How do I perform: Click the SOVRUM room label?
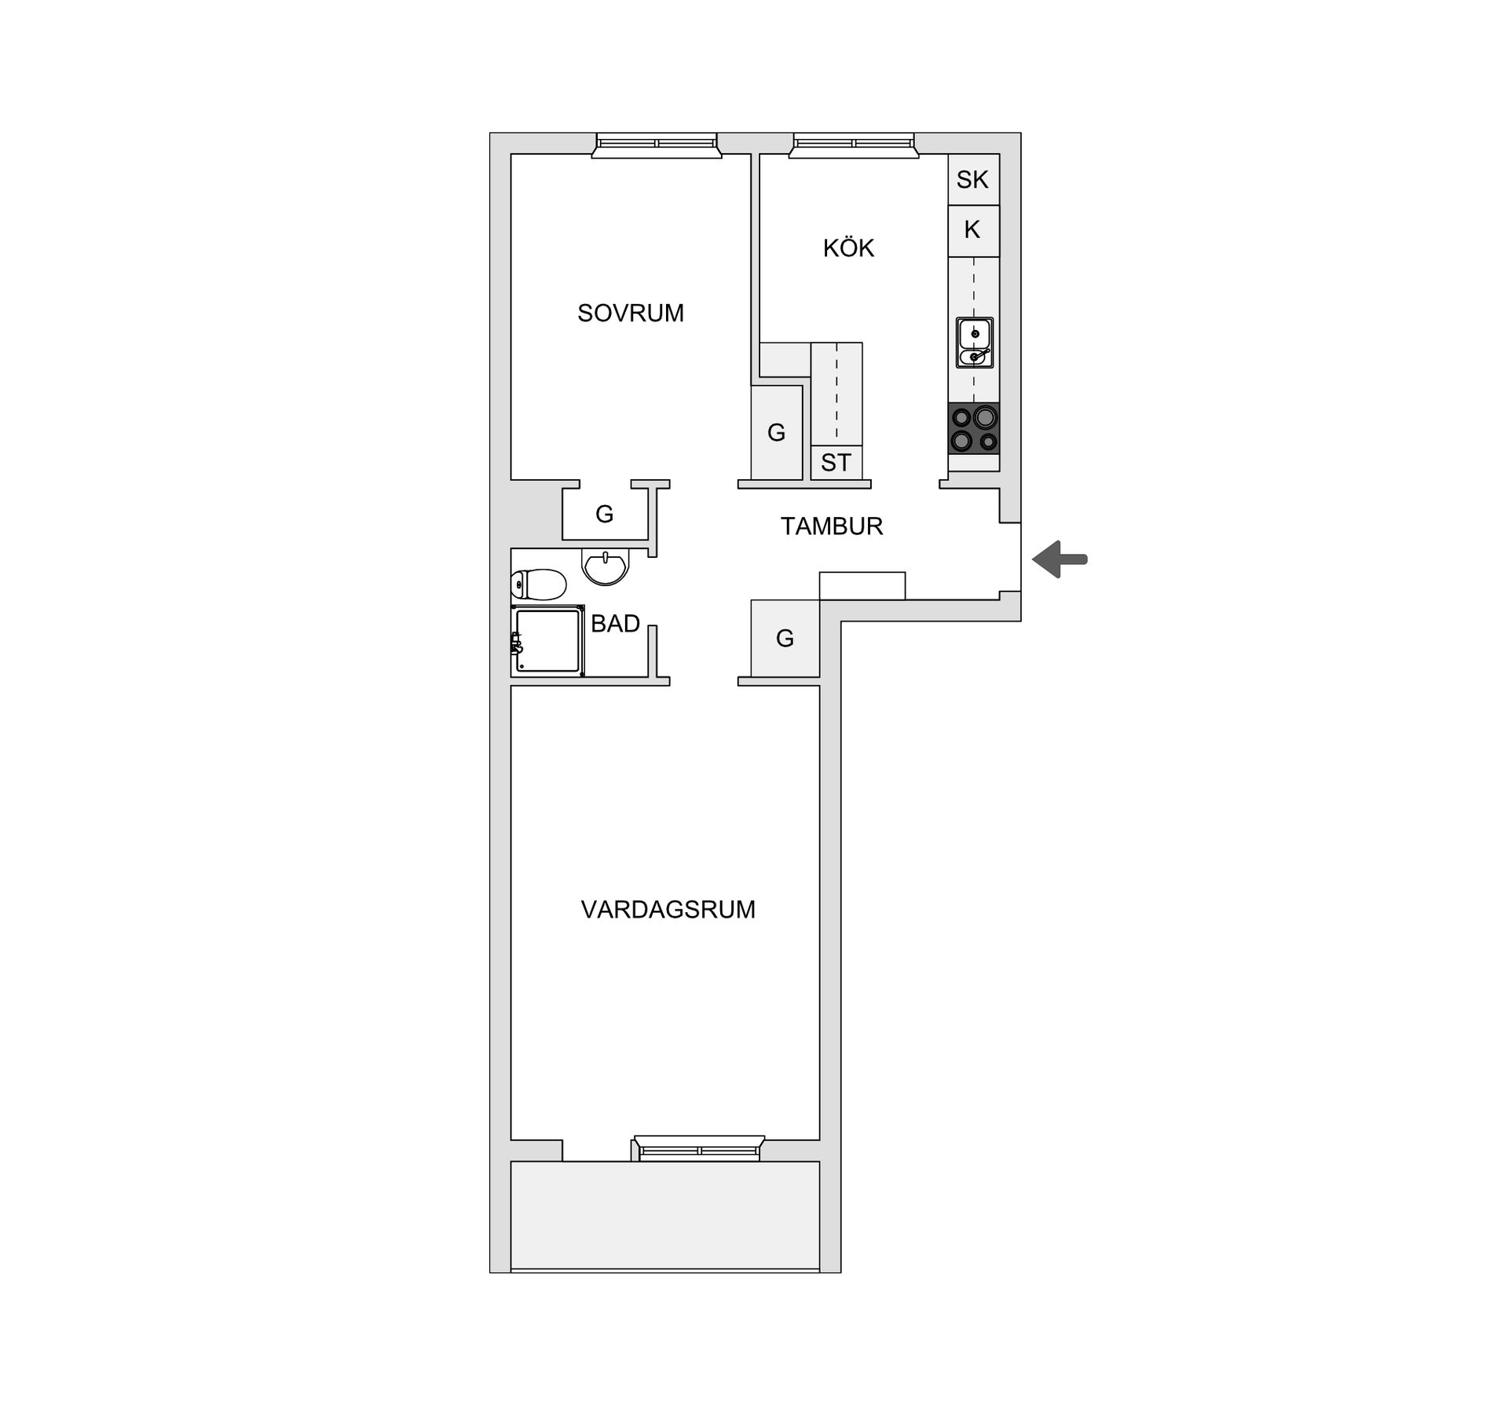point(631,313)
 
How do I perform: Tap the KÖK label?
point(848,248)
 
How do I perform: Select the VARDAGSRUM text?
point(668,910)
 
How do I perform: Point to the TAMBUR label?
point(832,526)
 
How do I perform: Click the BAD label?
point(615,624)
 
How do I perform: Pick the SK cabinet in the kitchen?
point(972,180)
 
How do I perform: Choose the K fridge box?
point(972,230)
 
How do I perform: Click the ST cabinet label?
point(836,463)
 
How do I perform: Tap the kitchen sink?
point(975,343)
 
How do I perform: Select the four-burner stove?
point(974,429)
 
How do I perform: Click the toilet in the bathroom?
point(538,585)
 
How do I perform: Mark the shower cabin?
point(547,640)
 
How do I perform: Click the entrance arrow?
point(1060,559)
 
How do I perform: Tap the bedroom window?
point(657,145)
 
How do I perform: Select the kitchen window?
point(854,145)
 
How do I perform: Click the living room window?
point(699,1148)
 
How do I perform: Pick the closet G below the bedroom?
point(604,515)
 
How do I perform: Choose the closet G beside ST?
point(776,432)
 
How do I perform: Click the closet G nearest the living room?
point(785,638)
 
